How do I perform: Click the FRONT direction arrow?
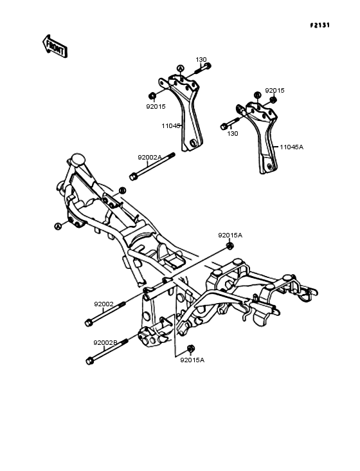tap(55, 46)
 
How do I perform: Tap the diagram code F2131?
tap(319, 25)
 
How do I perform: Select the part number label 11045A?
tap(292, 147)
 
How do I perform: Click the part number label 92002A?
tap(150, 158)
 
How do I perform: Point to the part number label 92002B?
tap(105, 343)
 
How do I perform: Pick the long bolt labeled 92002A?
tap(152, 167)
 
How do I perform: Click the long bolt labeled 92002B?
tap(107, 352)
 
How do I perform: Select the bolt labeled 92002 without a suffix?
tap(105, 314)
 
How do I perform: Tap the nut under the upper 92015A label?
tap(230, 245)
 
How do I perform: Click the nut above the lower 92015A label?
tap(190, 349)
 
